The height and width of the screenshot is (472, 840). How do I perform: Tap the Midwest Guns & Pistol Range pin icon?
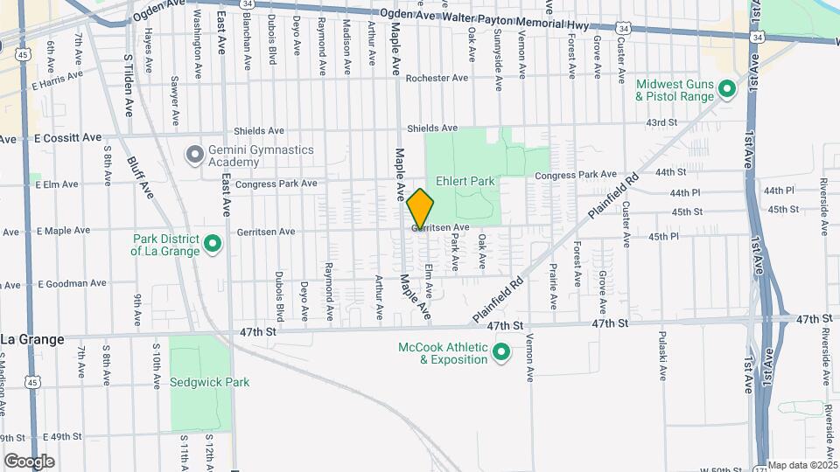coord(725,88)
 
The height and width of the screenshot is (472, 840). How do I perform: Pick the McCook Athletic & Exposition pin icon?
coord(501,353)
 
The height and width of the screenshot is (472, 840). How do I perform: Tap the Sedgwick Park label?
coord(210,382)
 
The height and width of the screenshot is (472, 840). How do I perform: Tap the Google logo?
coord(29,461)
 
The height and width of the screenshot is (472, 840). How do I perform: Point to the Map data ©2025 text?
coord(801,465)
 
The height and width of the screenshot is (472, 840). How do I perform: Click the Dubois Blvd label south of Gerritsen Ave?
coord(280,295)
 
